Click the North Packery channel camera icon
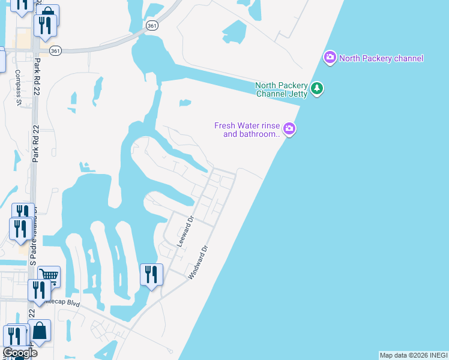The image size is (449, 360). coord(330,58)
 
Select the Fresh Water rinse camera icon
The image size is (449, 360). coord(289,128)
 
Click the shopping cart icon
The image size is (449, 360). coord(49,277)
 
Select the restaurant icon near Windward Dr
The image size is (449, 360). coord(151,275)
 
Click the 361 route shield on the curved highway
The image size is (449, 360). coord(152,25)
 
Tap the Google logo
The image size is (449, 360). coord(20,353)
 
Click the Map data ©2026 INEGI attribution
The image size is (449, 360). coord(414,355)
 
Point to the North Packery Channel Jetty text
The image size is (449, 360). coord(282,89)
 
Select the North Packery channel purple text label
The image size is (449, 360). coord(381,58)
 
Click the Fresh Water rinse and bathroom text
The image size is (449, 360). coord(247,130)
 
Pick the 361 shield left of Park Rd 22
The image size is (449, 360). coord(55,50)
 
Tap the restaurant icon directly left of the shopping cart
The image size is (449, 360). coord(38,289)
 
